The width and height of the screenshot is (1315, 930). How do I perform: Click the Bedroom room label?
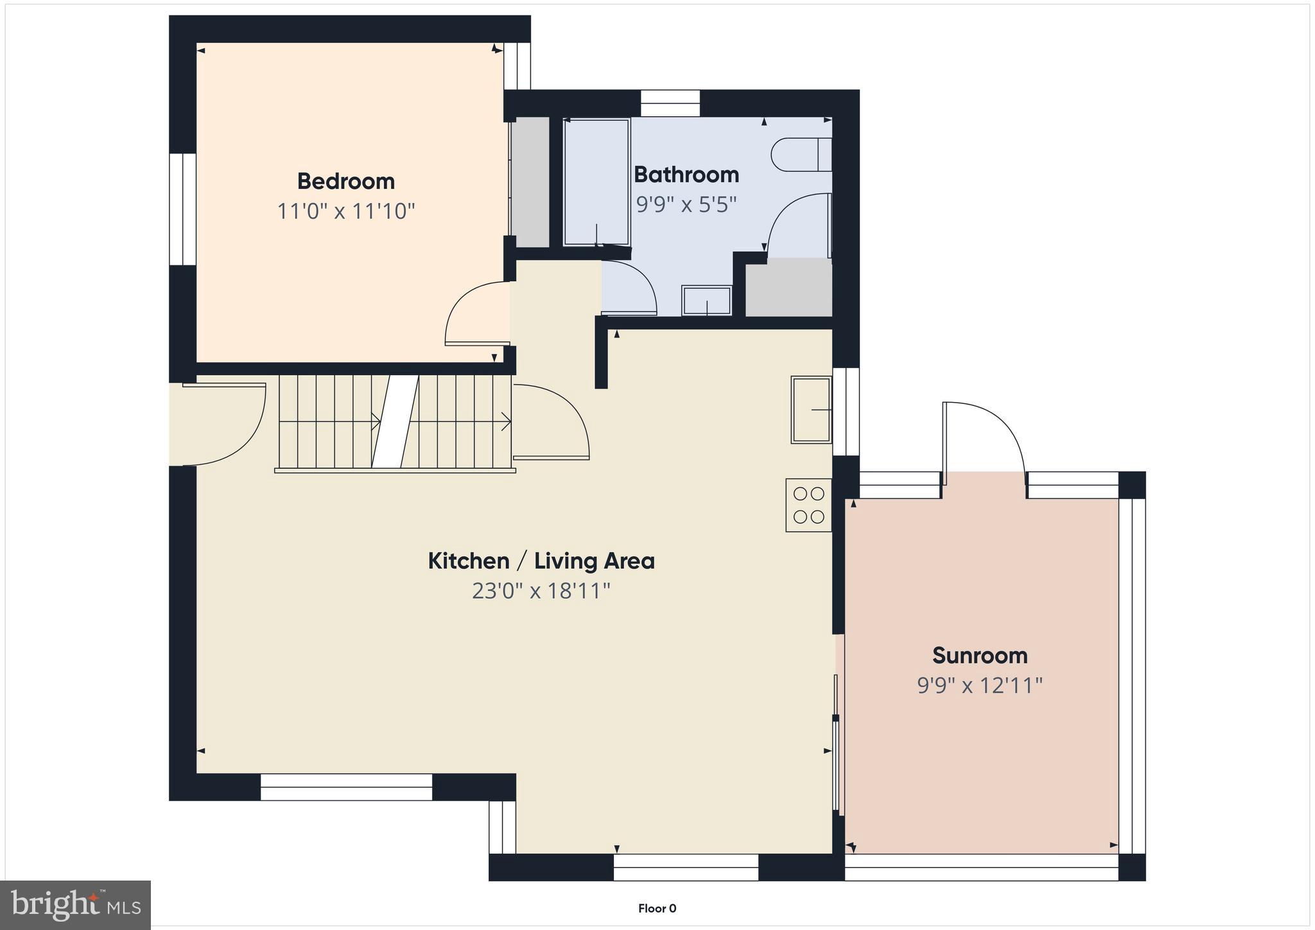345,182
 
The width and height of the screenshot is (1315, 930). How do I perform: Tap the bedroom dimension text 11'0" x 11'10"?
345,211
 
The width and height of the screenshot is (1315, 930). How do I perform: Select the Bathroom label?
686,175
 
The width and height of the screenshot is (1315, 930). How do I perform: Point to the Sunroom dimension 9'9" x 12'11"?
979,686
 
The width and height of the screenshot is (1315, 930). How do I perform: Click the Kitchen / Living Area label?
541,561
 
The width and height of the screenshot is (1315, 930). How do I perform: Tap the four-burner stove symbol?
808,505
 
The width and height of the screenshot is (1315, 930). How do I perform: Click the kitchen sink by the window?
811,409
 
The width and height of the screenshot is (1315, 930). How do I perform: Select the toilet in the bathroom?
800,155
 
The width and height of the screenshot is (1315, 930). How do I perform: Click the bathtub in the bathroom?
596,182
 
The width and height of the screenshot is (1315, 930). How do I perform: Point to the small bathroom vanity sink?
706,301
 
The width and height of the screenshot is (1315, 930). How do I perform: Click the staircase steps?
395,422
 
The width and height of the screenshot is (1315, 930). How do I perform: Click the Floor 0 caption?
657,908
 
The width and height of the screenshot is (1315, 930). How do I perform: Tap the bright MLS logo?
75,905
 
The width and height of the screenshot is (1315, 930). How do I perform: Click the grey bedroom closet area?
530,182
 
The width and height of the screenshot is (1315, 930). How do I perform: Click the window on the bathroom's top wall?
670,103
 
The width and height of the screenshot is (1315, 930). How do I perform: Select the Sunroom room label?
979,656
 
